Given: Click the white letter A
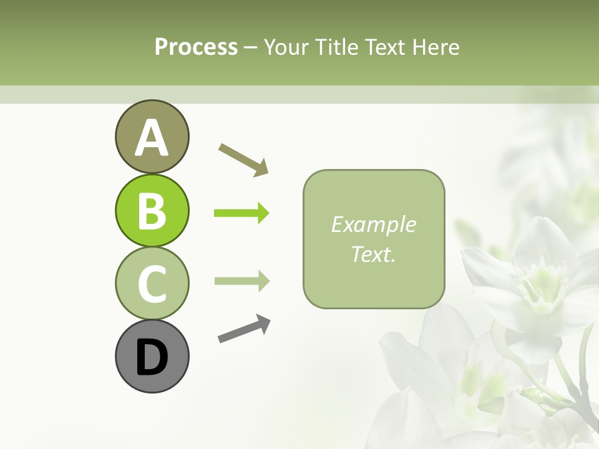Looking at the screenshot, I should [x=152, y=138].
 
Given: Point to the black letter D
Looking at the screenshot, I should [x=152, y=358].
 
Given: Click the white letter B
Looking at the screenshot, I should [x=152, y=211].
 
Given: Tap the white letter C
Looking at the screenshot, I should [x=152, y=284].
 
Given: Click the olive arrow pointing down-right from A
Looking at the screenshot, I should [x=243, y=160].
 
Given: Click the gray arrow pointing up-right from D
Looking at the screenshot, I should [x=244, y=329].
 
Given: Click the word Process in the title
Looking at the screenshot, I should [x=196, y=47].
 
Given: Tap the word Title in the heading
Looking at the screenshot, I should [x=337, y=47].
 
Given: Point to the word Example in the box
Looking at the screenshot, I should [x=373, y=224].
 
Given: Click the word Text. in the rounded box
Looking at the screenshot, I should [x=373, y=254].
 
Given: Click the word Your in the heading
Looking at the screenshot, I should [x=286, y=47].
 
